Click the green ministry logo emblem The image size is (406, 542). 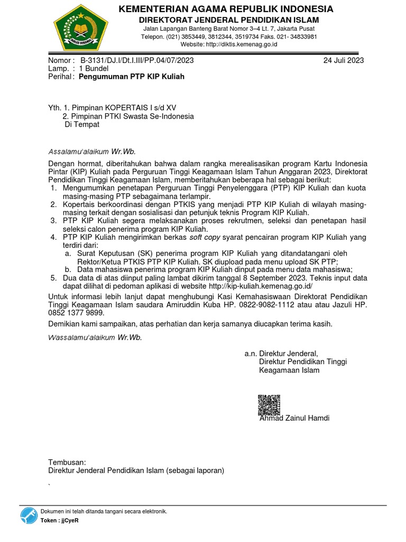pos(81,26)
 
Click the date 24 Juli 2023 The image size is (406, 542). pos(344,60)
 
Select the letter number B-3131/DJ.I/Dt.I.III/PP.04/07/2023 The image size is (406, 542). pos(137,60)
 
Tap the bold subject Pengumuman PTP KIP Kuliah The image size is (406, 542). pos(132,77)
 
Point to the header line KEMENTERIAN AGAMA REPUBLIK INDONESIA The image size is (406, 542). pos(225,9)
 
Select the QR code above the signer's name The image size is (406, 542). pos(269,405)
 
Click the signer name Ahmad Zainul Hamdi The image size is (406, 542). pos(294,418)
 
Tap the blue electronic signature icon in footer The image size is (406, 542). pos(29,515)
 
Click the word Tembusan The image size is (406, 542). pos(67,462)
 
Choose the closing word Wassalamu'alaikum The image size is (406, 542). pos(81,337)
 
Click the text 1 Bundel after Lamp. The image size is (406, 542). pos(94,69)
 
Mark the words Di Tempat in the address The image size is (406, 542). pos(81,124)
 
